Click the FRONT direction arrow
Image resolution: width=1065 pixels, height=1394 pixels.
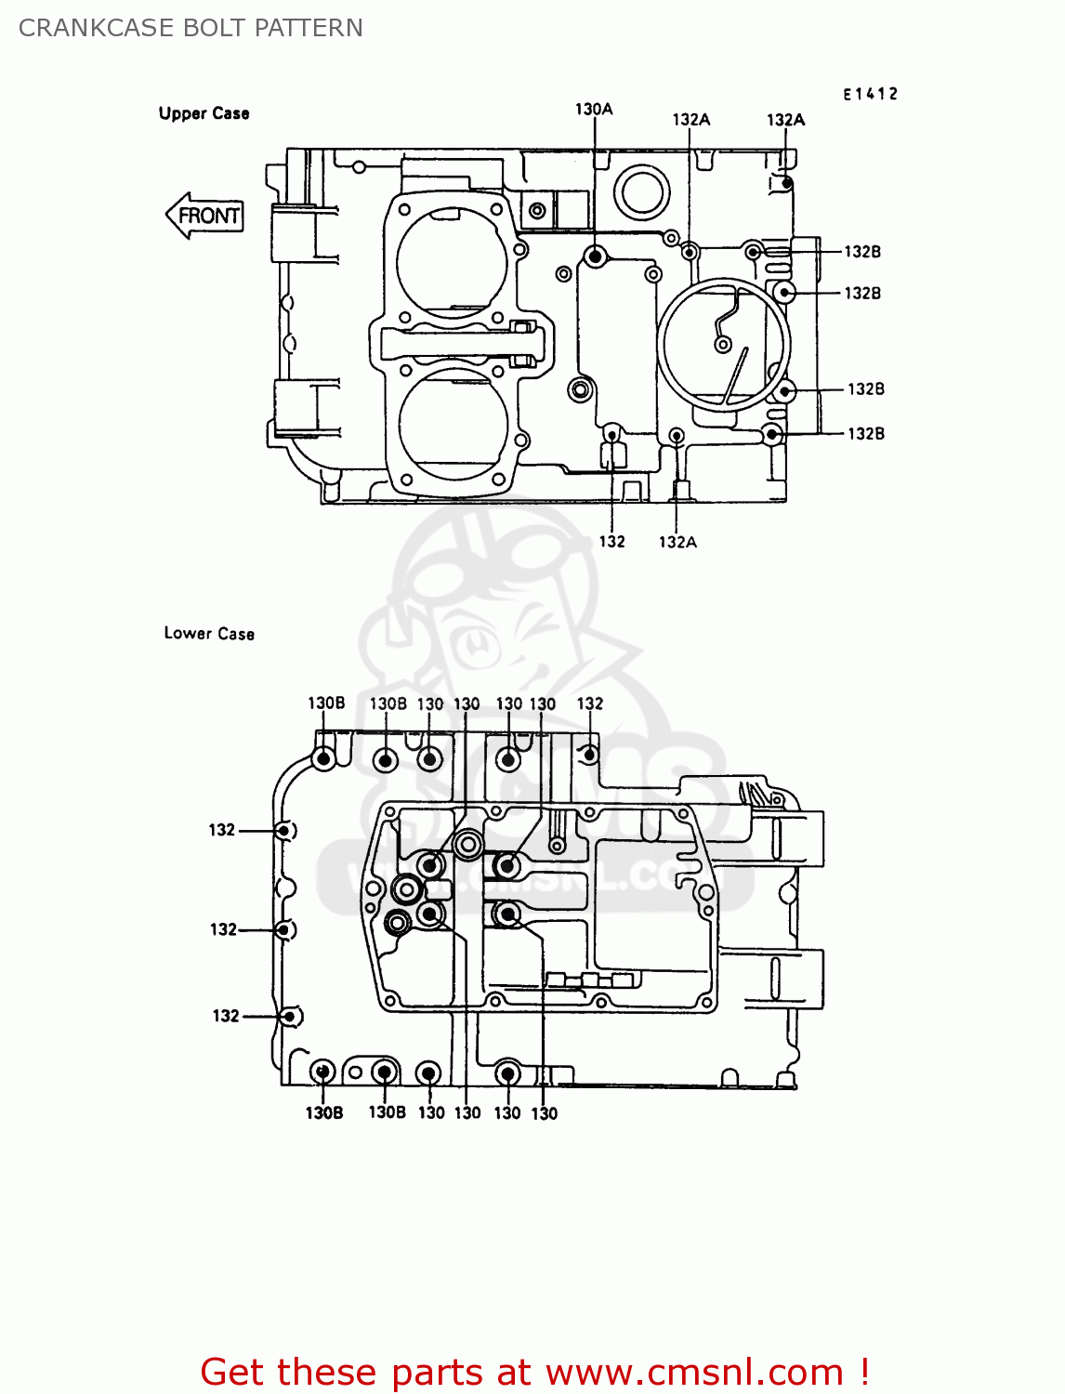(x=204, y=216)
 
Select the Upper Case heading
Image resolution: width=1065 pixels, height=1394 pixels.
(x=204, y=113)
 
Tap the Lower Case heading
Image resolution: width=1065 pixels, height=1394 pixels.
(x=209, y=633)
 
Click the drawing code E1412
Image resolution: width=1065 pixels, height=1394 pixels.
(x=870, y=94)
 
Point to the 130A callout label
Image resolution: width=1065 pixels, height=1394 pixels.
(x=594, y=110)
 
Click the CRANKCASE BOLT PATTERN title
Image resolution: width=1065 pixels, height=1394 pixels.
(x=191, y=28)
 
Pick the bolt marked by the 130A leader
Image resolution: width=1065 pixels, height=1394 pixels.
(x=595, y=256)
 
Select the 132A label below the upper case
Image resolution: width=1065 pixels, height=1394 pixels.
(x=677, y=542)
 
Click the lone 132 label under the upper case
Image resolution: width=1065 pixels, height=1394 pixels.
(x=611, y=542)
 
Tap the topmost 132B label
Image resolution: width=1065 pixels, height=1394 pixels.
(x=862, y=252)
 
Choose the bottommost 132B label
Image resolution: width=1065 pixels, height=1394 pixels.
(x=866, y=433)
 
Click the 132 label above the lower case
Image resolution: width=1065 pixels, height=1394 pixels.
(x=590, y=704)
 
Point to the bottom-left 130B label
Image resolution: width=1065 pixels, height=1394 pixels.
(x=324, y=1112)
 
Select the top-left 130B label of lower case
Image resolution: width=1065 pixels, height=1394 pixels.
(x=326, y=704)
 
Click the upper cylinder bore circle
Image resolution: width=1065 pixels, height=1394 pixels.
(x=453, y=262)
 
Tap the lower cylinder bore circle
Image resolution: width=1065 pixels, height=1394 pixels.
(x=453, y=424)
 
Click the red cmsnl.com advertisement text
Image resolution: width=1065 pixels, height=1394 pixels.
(x=534, y=1372)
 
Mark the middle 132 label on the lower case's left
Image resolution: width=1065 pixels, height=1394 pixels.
(x=223, y=929)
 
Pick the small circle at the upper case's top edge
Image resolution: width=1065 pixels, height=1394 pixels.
(x=641, y=193)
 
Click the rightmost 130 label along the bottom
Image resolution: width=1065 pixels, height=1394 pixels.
(x=545, y=1113)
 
